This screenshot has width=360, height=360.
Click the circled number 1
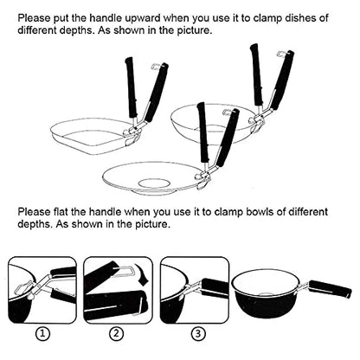(42, 334)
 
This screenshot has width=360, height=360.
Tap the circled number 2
(116, 334)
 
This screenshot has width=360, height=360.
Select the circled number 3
(198, 334)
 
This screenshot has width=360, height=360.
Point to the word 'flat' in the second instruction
(61, 212)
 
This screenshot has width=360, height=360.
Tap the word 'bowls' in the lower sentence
(259, 212)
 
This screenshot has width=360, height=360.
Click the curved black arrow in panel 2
(144, 274)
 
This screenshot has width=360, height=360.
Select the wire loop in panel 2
(125, 272)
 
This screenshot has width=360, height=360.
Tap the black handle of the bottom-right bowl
(330, 289)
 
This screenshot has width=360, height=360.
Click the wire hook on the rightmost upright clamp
(281, 54)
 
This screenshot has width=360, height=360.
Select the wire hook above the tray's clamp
(156, 66)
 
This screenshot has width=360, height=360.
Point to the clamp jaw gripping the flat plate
(204, 179)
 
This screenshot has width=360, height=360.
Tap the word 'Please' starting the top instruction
(34, 18)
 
